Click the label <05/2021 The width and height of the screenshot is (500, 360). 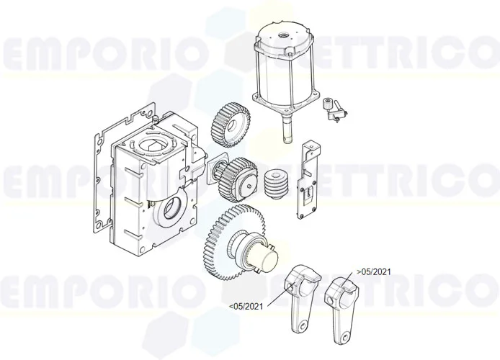(x=246, y=307)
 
